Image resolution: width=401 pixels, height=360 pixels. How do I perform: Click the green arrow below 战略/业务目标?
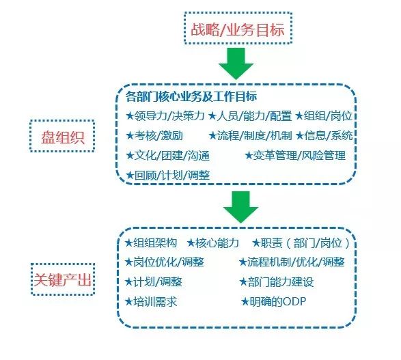point(236,64)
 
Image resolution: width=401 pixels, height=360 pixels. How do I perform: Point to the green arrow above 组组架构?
point(240,207)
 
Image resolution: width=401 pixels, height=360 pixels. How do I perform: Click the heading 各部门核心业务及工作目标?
point(191,96)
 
